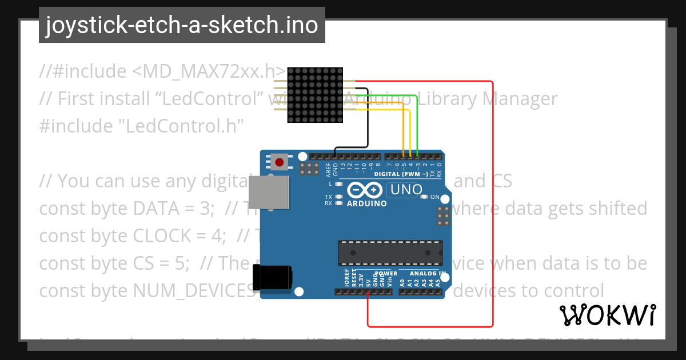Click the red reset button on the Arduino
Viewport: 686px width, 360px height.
(x=279, y=162)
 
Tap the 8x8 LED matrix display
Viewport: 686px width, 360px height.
(x=314, y=95)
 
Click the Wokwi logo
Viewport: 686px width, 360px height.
(x=607, y=315)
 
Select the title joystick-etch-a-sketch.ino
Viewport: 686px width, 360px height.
(x=182, y=25)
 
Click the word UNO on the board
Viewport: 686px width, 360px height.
(x=406, y=190)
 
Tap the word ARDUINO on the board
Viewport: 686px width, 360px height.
(x=366, y=203)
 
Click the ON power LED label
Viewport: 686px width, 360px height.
(x=434, y=197)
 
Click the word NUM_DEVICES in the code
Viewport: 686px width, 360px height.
(x=194, y=291)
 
